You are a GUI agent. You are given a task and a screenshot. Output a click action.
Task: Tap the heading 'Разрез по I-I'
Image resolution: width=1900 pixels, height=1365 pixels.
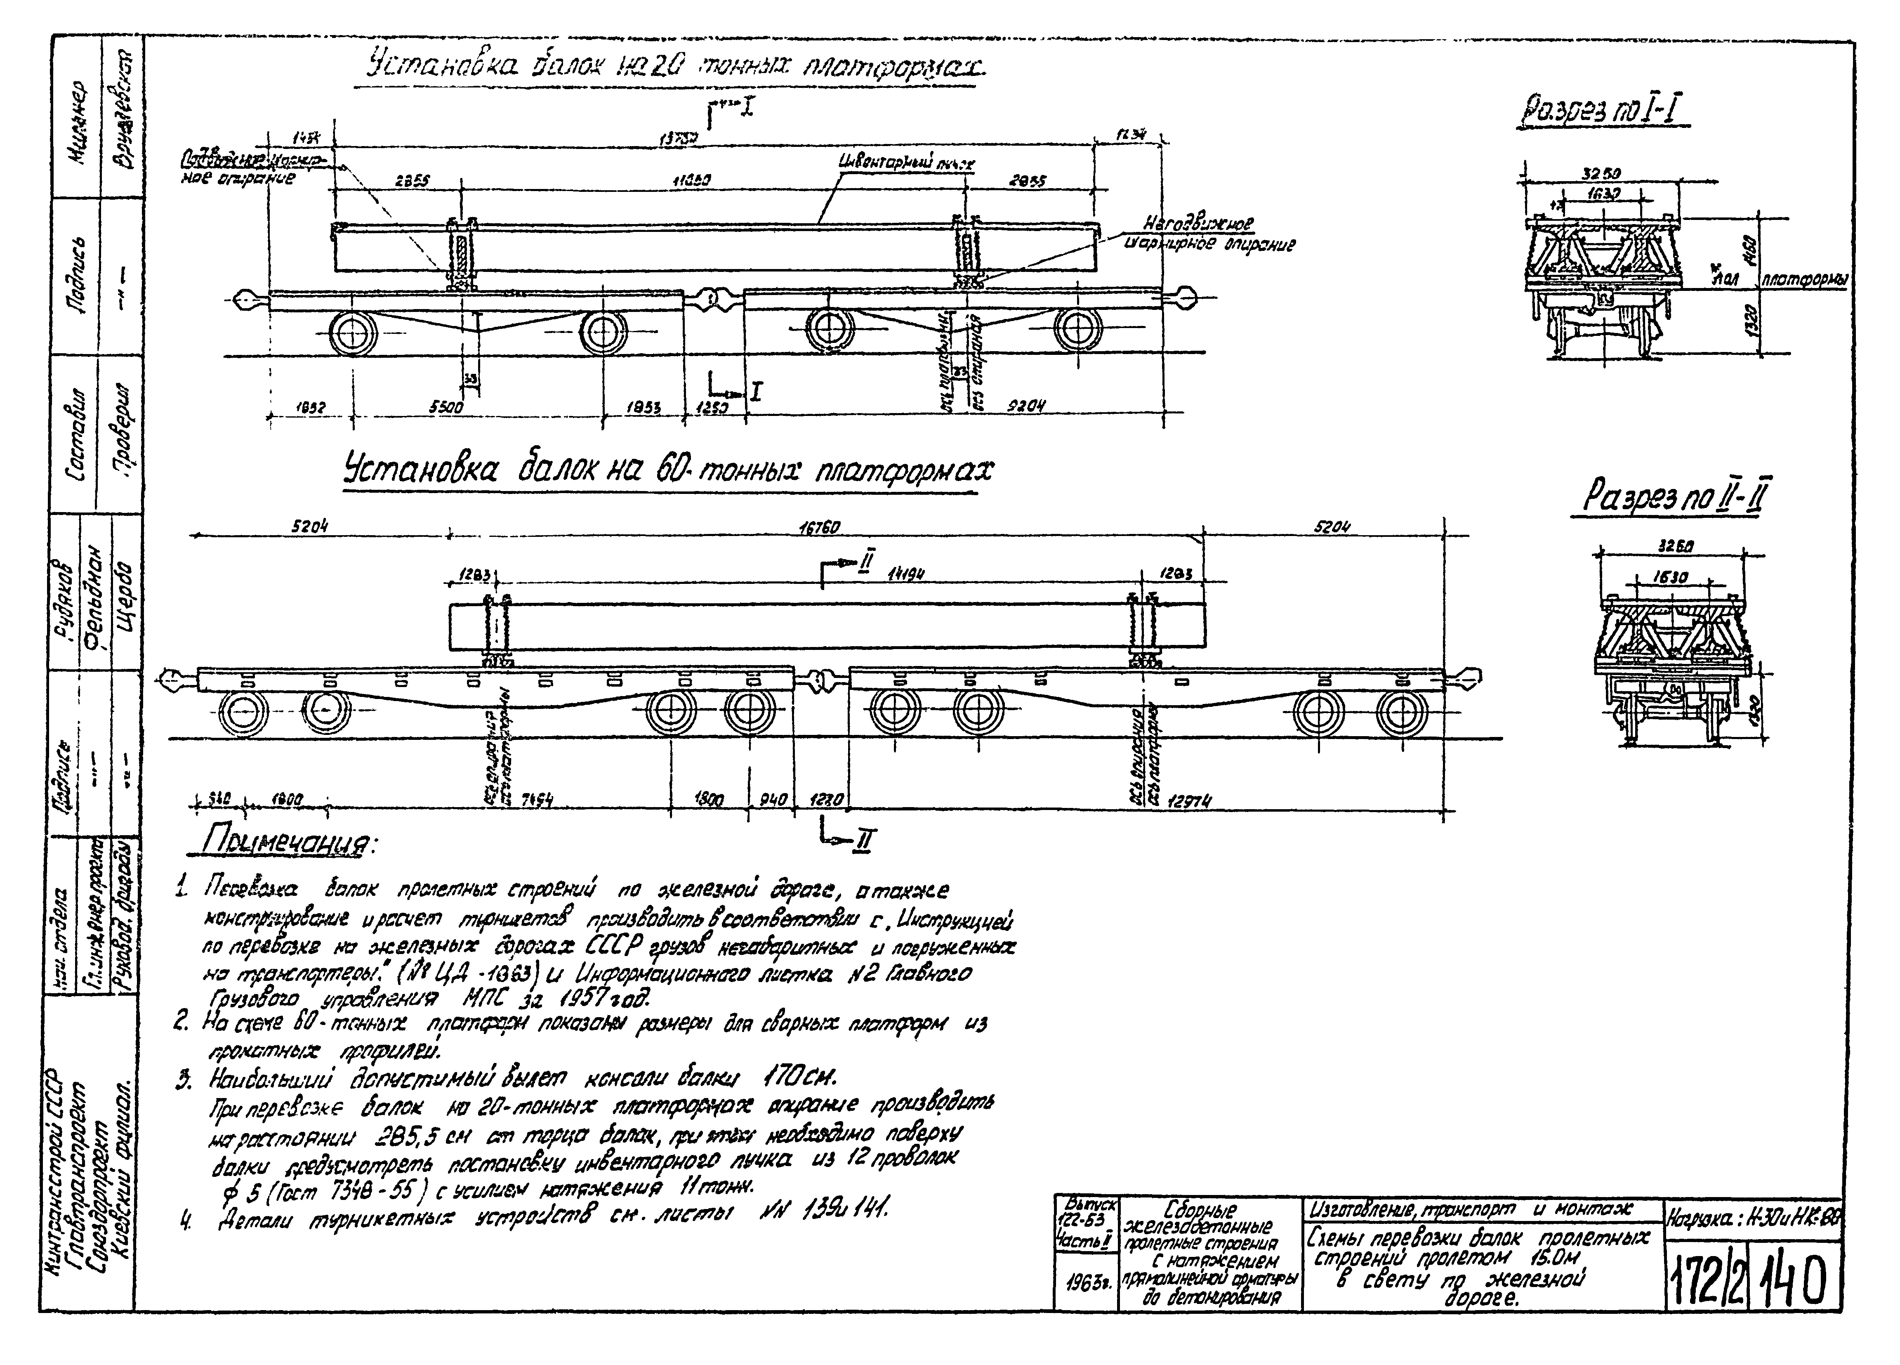point(1603,113)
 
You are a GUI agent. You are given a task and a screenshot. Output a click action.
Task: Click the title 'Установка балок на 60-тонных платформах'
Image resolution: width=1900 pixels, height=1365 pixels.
point(668,471)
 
